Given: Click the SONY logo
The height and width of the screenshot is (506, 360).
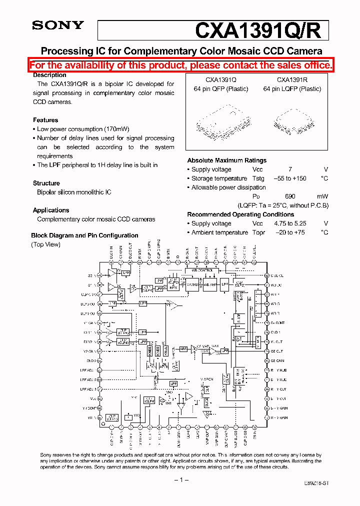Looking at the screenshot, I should pyautogui.click(x=58, y=25).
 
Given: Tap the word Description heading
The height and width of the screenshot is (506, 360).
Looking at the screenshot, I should pyautogui.click(x=49, y=75).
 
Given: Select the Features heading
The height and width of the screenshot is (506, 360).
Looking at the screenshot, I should pyautogui.click(x=45, y=120).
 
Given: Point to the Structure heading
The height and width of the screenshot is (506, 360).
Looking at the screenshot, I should pyautogui.click(x=46, y=183).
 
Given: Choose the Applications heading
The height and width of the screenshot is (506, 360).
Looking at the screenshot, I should pyautogui.click(x=51, y=210).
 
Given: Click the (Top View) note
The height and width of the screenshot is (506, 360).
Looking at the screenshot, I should pyautogui.click(x=45, y=244).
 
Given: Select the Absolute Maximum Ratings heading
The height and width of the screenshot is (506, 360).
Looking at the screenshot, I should pyautogui.click(x=226, y=160).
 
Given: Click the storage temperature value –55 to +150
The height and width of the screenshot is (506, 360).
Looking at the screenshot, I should pyautogui.click(x=290, y=178).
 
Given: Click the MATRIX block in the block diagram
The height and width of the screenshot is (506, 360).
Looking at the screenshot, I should pyautogui.click(x=192, y=284).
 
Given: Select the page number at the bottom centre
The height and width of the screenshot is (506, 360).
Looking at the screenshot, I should pyautogui.click(x=180, y=479).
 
